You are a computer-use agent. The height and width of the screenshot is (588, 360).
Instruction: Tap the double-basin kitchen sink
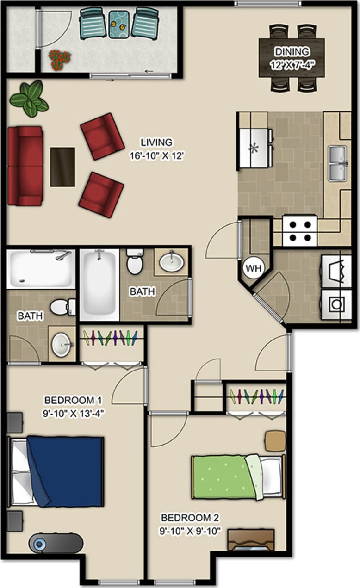coord(338,163)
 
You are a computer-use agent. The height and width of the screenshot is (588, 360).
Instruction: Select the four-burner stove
coord(300,231)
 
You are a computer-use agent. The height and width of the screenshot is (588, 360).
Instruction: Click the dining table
coord(292,58)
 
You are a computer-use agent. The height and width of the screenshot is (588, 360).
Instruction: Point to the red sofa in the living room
coord(25,166)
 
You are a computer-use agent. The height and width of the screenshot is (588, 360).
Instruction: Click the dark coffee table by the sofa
coord(62,167)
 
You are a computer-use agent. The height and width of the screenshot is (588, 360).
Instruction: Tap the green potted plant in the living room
coord(30,99)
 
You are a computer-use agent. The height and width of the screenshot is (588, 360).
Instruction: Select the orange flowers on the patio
coord(60,59)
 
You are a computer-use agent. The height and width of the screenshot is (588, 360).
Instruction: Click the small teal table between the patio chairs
coord(119,24)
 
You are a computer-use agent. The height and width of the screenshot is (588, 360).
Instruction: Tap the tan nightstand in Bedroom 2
coord(275,440)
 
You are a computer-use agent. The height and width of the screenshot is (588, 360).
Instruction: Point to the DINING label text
coord(292,51)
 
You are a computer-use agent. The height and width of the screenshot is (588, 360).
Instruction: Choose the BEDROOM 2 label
coord(190,517)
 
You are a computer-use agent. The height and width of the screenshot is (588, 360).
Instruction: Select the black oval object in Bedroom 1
coord(56,543)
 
